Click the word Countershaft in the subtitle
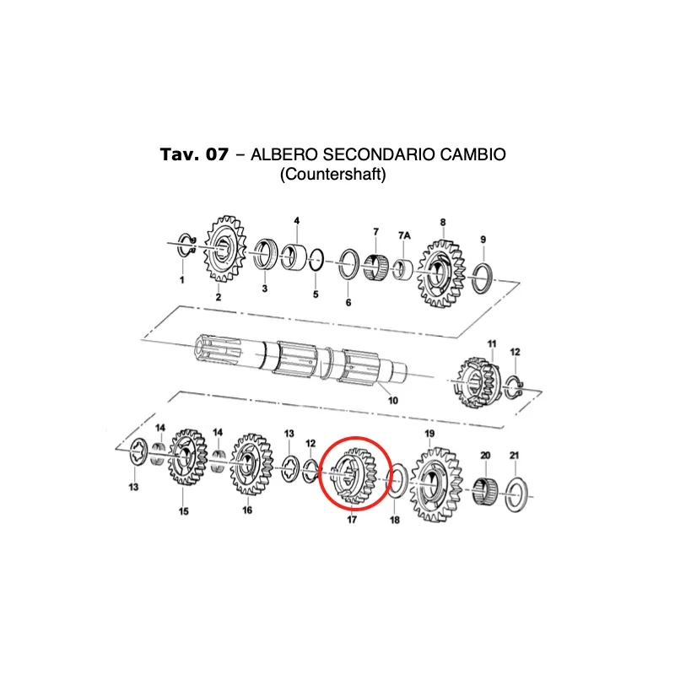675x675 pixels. click(332, 175)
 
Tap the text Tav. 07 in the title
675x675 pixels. click(194, 154)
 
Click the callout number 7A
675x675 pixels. click(404, 235)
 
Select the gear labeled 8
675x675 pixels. click(440, 273)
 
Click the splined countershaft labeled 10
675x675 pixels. click(301, 359)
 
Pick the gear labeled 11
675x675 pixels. click(478, 382)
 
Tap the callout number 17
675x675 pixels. click(352, 520)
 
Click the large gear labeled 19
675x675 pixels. click(435, 484)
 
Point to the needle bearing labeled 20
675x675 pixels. click(485, 490)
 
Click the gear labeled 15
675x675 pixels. click(187, 457)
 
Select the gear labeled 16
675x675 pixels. click(251, 465)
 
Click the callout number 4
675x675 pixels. click(297, 221)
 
